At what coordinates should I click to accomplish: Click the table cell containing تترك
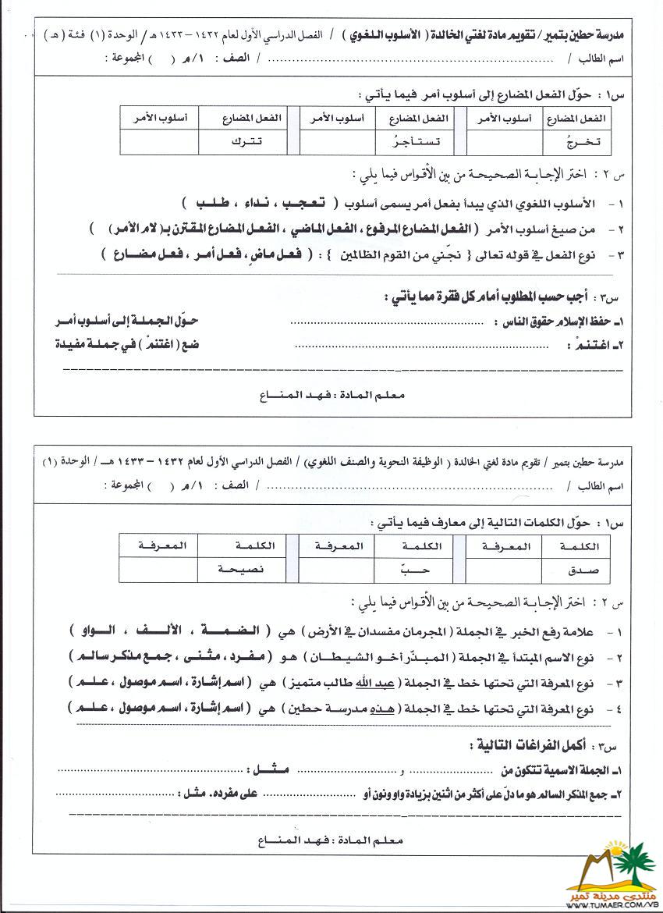(243, 142)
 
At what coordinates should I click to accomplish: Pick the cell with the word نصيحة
(241, 569)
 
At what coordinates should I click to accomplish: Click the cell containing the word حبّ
(418, 569)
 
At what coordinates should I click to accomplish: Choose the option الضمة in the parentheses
(242, 631)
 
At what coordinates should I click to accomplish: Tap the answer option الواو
(96, 631)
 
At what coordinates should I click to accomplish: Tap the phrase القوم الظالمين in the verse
(368, 254)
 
